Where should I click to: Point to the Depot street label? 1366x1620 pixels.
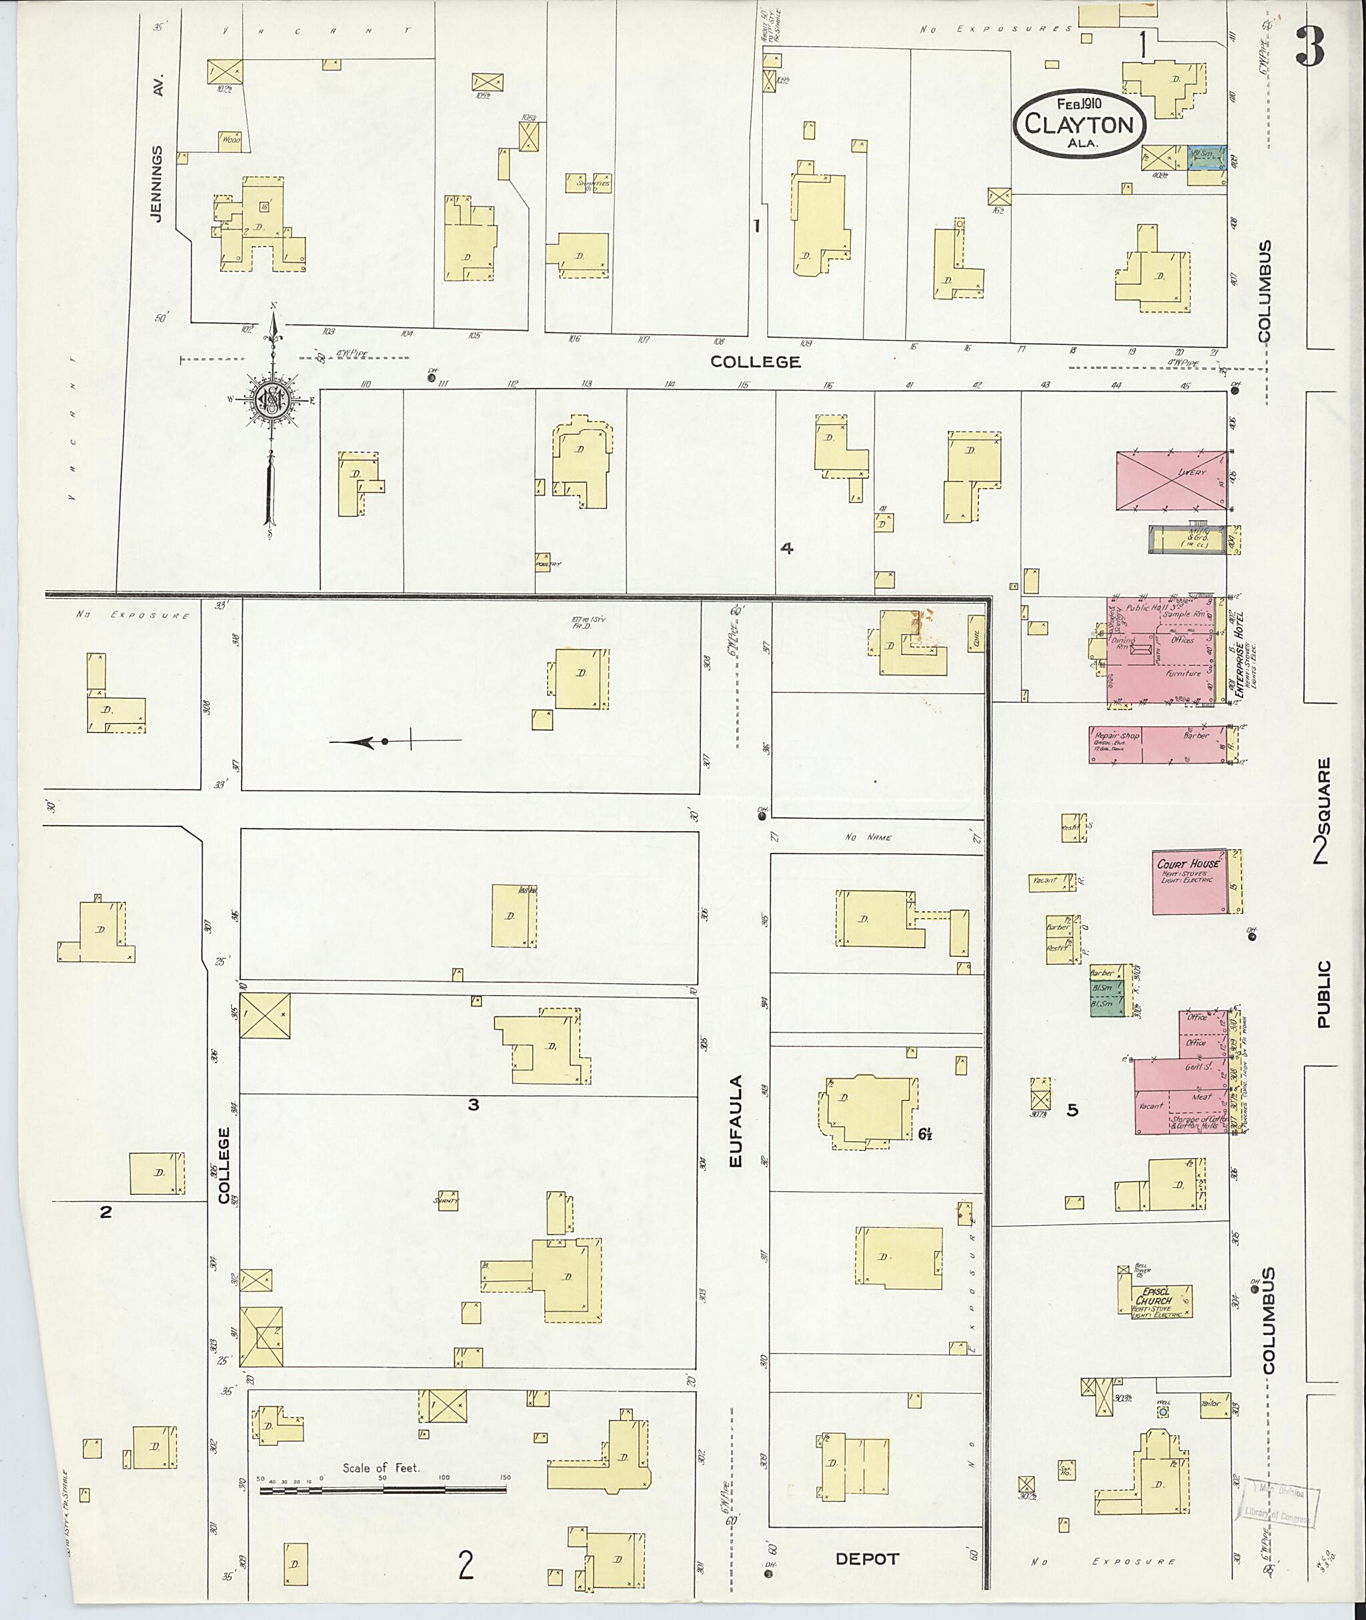866,1558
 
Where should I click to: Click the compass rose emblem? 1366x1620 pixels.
273,399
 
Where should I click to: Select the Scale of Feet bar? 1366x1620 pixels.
383,1489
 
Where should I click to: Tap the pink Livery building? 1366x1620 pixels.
1171,480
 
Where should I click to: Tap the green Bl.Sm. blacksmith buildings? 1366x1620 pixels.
1101,996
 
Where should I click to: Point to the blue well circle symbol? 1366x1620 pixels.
1163,1412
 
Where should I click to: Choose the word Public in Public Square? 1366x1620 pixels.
1323,994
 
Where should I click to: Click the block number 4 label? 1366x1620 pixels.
787,548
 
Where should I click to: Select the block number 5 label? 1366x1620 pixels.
1072,1110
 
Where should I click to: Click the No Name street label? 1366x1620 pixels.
868,837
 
